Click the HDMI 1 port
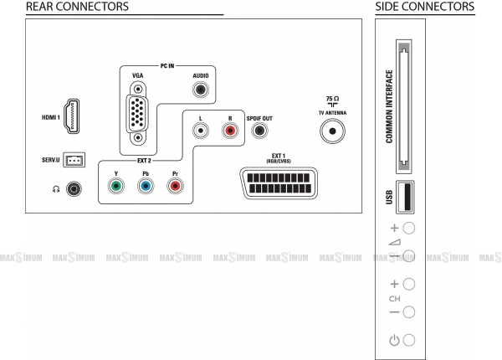coord(72,116)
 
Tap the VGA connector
coord(138,113)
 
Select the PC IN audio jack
coord(201,90)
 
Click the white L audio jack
coord(201,131)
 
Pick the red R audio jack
coord(230,131)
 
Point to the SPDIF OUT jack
coord(259,131)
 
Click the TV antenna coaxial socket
coord(332,131)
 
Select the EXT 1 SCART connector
coord(279,183)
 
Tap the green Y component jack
coord(116,186)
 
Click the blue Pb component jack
coord(146,186)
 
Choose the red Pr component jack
coord(175,186)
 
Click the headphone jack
coord(74,189)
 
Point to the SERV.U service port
coord(74,160)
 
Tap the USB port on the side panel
coord(405,197)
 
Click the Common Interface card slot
coord(404,106)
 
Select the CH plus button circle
coord(409,284)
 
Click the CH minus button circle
coord(409,312)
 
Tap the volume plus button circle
coord(409,228)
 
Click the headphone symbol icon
coord(56,189)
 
